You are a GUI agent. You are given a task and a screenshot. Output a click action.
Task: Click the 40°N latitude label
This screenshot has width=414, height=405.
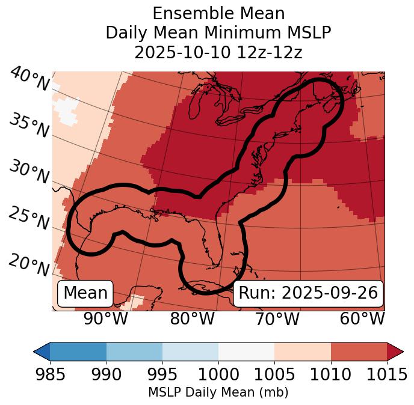point(29,80)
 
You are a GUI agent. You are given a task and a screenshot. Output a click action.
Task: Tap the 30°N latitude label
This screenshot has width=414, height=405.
point(28,172)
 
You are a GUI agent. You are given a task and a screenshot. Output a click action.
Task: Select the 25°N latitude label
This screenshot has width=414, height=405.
point(28,218)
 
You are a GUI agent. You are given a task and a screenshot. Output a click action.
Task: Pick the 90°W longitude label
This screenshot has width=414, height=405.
point(106,318)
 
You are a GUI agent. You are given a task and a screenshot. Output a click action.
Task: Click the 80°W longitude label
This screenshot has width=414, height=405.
point(192,318)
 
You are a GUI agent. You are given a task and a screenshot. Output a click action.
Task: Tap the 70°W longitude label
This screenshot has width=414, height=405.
point(277,318)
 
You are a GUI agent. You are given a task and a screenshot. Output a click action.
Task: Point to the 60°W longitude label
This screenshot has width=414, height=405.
point(362,318)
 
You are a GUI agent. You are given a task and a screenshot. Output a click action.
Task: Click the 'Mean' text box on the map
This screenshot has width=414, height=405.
point(85,293)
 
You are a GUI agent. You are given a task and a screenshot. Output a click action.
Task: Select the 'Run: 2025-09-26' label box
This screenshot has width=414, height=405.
point(308,293)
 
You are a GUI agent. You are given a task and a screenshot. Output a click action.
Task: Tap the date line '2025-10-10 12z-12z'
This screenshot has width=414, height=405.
point(218,52)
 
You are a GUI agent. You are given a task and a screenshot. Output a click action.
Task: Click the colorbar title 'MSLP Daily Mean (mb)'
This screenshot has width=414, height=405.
point(218,392)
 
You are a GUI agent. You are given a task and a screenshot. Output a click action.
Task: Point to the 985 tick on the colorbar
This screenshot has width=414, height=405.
point(50,374)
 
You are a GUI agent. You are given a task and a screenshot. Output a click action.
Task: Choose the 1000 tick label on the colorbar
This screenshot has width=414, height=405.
point(218,374)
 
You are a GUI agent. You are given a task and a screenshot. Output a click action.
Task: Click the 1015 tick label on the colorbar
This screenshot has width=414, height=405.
point(387,374)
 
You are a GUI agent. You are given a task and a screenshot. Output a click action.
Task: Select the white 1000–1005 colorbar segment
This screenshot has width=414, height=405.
point(246,352)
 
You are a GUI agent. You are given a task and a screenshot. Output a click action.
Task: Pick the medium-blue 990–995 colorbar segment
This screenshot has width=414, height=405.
point(134,352)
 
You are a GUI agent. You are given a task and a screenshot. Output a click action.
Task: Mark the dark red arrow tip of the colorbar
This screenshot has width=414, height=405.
point(396,352)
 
